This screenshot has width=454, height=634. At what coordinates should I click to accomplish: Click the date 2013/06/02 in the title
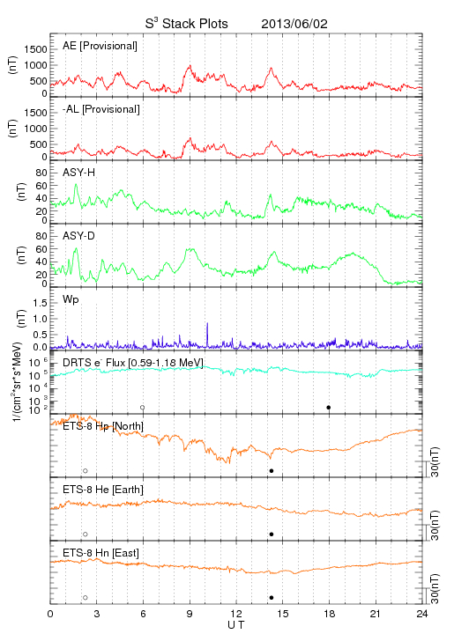click(294, 24)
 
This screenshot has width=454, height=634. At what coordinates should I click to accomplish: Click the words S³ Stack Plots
click(187, 24)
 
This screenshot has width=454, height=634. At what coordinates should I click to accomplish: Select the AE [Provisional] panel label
click(100, 46)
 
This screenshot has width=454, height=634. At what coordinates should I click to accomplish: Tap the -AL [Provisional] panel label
click(101, 109)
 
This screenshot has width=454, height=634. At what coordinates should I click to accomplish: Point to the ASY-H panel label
click(78, 173)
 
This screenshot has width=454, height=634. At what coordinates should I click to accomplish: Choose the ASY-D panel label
click(78, 236)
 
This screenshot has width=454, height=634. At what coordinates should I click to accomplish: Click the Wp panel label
click(71, 299)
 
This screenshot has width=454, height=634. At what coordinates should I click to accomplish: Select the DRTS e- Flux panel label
click(133, 363)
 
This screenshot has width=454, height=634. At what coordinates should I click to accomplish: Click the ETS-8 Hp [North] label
click(103, 426)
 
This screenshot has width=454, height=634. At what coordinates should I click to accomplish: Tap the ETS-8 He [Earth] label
click(103, 490)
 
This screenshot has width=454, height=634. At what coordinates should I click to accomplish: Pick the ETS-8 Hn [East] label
click(100, 553)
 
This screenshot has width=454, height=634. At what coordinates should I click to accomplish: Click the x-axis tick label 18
click(330, 614)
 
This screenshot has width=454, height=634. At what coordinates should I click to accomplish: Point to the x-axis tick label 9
click(190, 614)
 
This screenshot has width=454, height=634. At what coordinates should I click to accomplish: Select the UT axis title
click(236, 625)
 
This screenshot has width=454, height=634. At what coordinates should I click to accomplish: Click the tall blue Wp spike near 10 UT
click(207, 335)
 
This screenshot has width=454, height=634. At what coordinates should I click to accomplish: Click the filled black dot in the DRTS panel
click(329, 408)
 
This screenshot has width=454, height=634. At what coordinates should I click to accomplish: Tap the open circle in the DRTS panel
click(143, 408)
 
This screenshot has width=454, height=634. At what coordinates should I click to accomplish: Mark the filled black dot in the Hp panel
click(272, 470)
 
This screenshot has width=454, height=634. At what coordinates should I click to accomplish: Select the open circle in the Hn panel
click(86, 598)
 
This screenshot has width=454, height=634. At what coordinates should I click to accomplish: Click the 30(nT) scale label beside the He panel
click(435, 526)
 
